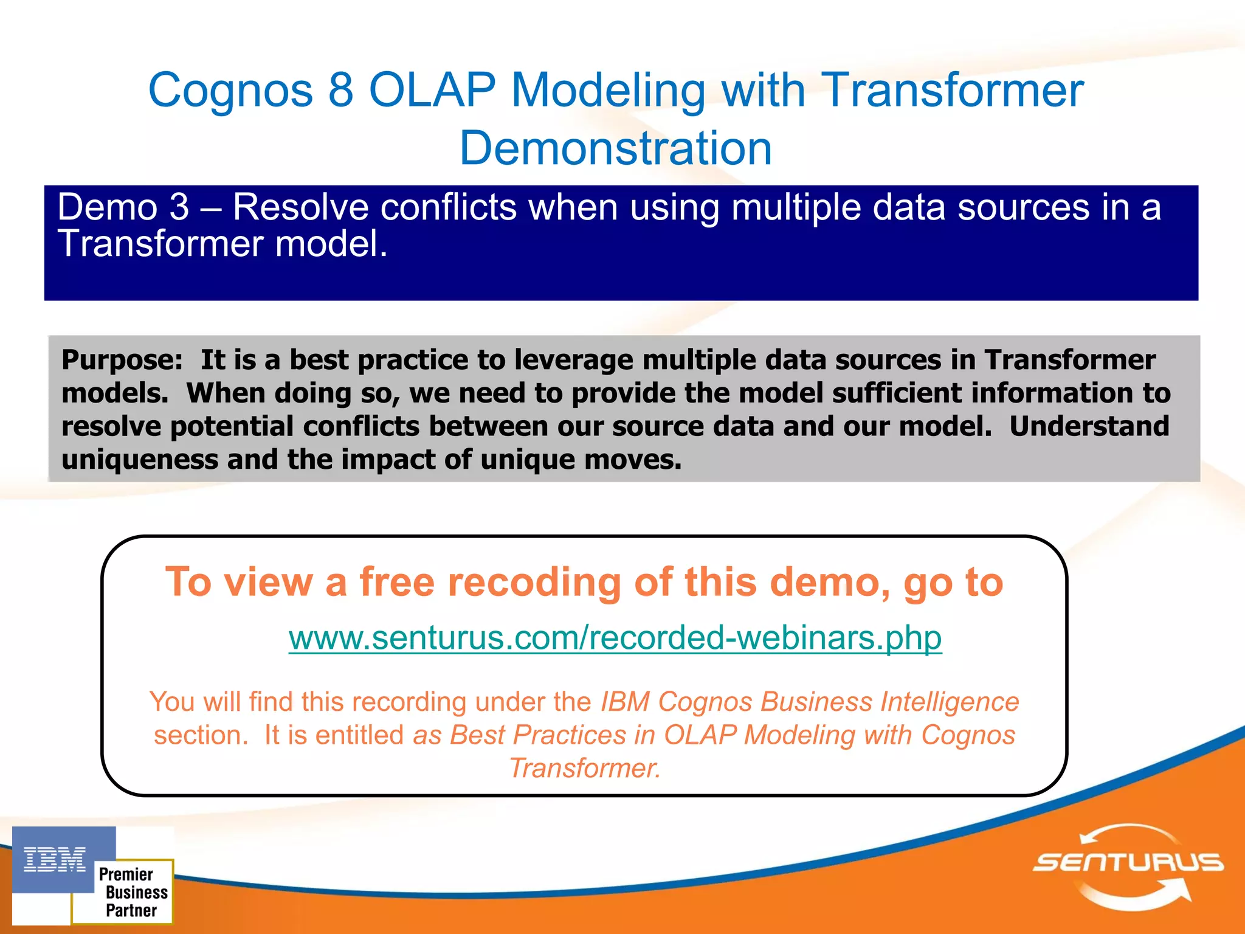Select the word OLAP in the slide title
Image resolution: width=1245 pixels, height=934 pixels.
click(432, 90)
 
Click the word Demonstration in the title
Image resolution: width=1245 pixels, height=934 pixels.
click(615, 148)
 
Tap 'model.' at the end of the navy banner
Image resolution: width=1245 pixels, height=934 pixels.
click(331, 244)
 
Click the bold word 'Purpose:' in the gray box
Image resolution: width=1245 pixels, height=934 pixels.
click(122, 360)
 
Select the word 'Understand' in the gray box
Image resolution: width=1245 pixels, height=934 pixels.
click(1089, 426)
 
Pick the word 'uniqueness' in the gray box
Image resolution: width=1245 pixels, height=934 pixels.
click(139, 460)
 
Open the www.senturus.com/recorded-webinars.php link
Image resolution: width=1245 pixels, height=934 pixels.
click(615, 638)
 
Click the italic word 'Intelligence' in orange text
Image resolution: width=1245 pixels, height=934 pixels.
click(949, 702)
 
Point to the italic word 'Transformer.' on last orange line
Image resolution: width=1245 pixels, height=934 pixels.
click(584, 768)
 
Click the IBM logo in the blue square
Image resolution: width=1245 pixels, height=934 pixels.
click(55, 860)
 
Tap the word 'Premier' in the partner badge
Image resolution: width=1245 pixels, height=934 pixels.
click(126, 874)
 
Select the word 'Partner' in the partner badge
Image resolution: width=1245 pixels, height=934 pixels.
click(131, 910)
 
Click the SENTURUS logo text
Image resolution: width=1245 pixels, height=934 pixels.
click(1128, 862)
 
